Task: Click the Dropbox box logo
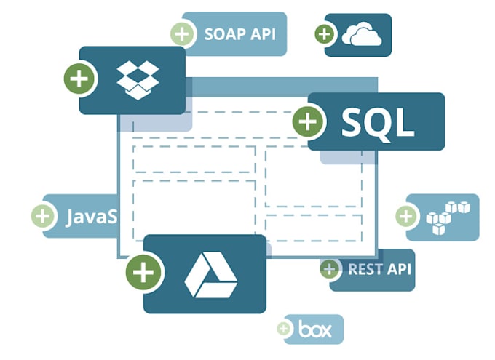[138, 79]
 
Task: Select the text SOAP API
[240, 33]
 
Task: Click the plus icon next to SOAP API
[182, 34]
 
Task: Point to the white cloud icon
[362, 34]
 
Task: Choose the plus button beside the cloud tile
[325, 33]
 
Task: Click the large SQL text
[377, 122]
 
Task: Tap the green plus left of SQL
[309, 121]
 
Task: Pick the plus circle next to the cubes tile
[406, 216]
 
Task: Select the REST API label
[379, 269]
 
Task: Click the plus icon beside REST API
[330, 269]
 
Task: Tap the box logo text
[315, 330]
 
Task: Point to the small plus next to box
[283, 329]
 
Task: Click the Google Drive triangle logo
[210, 274]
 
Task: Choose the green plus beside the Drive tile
[143, 273]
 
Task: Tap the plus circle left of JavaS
[43, 216]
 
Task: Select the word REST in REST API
[365, 269]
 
